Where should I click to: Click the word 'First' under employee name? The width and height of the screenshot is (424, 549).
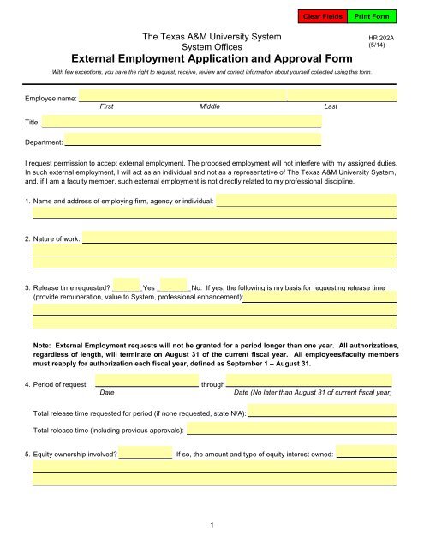(108, 108)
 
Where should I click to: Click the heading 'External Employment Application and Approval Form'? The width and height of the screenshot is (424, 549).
(211, 59)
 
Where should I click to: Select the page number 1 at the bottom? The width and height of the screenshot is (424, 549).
(212, 523)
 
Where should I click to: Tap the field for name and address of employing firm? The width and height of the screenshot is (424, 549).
(306, 202)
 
